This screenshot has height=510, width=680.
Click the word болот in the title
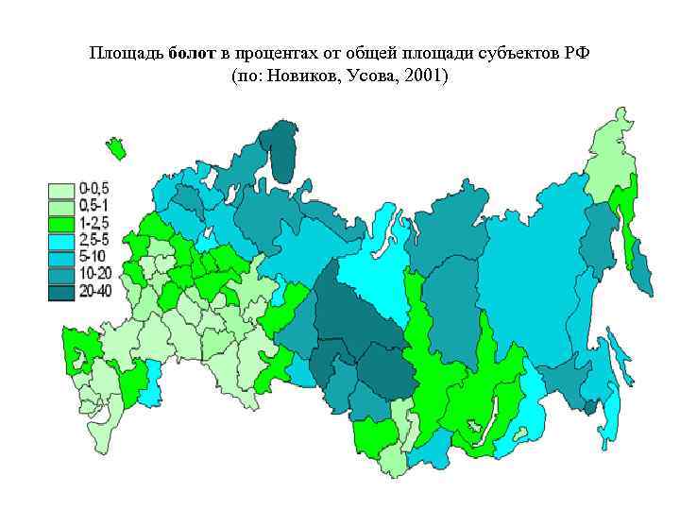[x=194, y=52]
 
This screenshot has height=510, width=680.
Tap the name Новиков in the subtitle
[x=301, y=75]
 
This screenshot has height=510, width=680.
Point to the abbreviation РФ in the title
[x=577, y=52]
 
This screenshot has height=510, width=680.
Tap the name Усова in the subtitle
[x=371, y=75]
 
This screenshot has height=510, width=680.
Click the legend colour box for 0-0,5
[x=62, y=190]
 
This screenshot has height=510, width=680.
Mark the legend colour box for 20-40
[x=62, y=292]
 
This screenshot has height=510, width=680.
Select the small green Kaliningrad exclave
[x=116, y=149]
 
